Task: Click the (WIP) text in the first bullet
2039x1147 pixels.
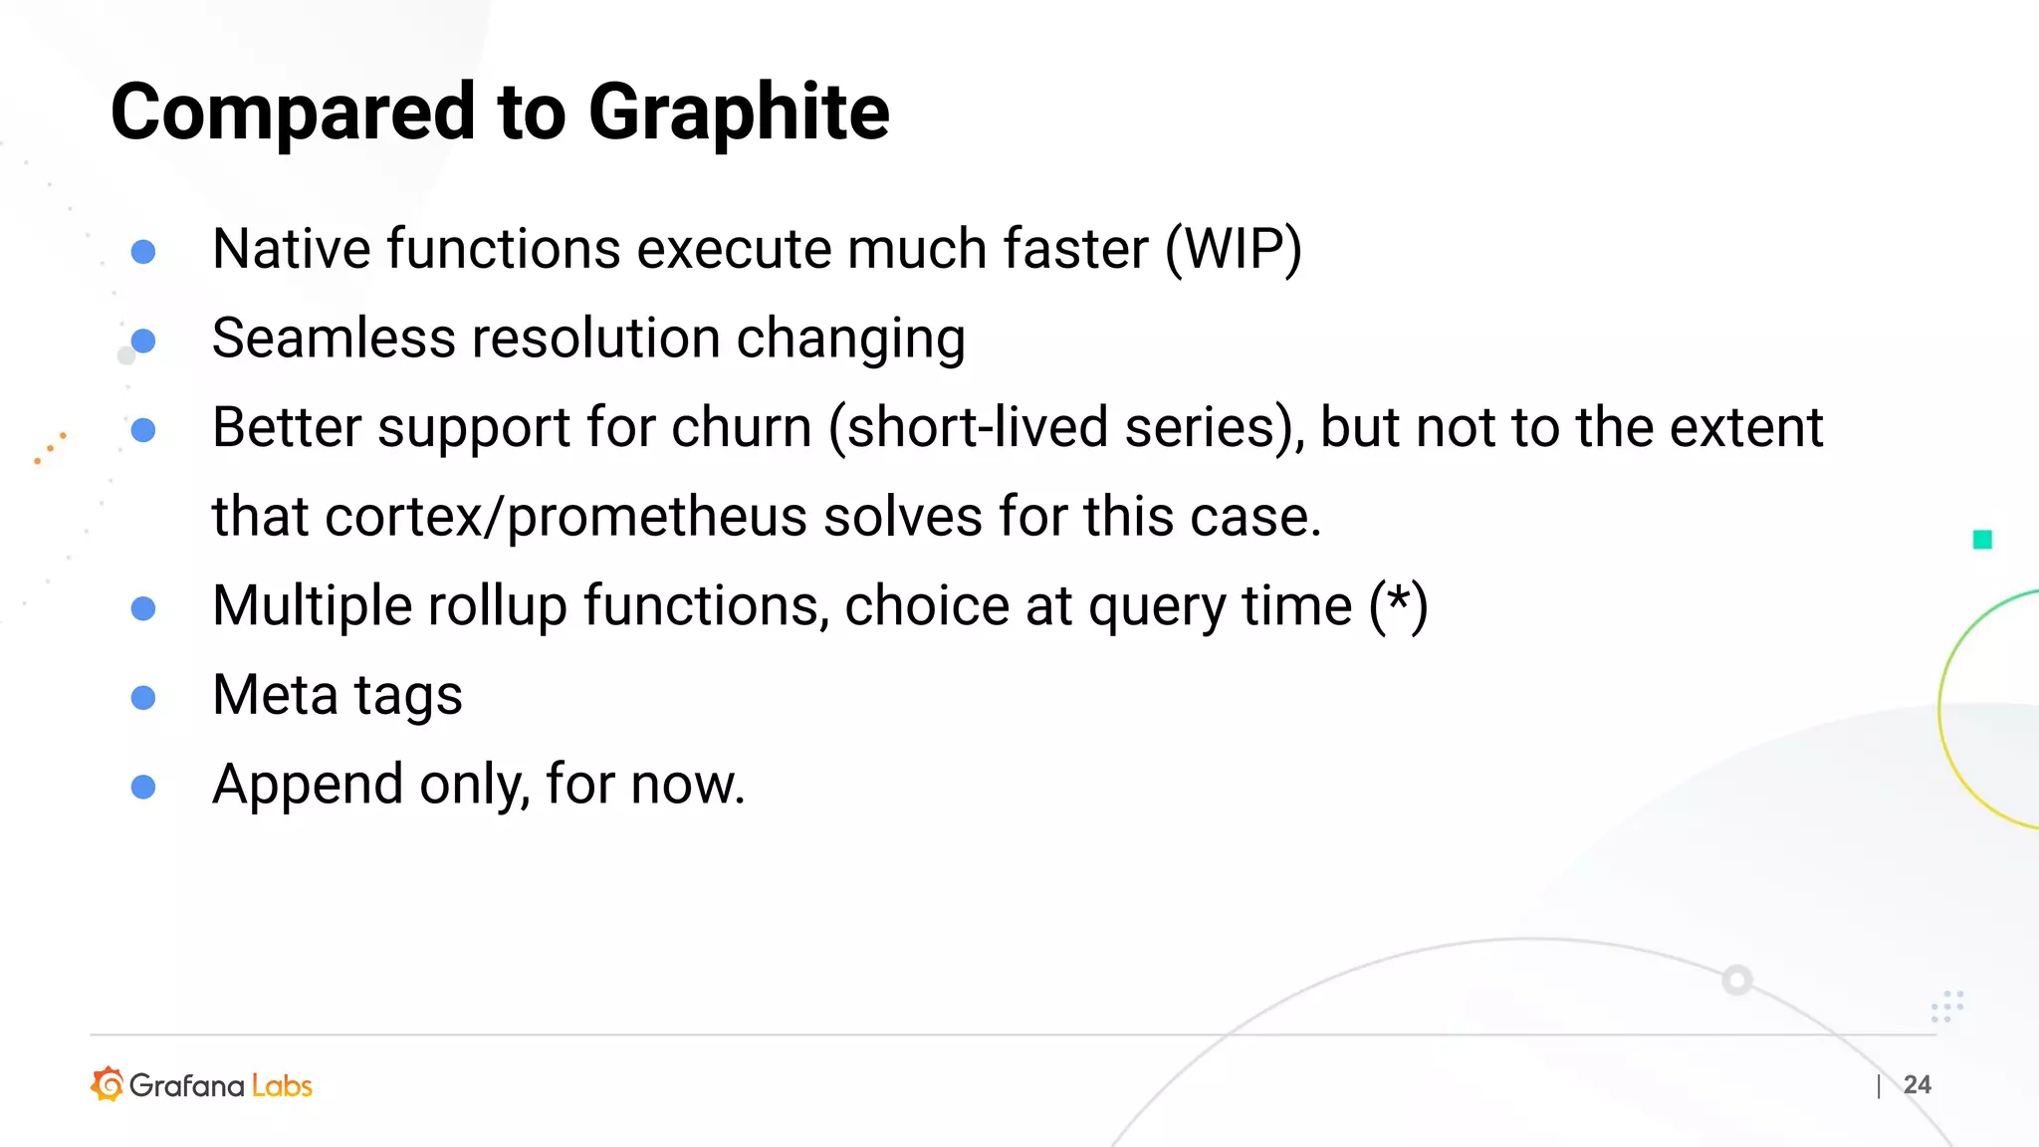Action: [x=1233, y=249]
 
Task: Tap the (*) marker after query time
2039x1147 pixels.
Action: [x=1398, y=606]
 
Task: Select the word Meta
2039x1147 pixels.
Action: [x=275, y=695]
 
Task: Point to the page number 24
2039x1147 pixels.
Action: [x=1917, y=1085]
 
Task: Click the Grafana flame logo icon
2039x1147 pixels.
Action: [x=108, y=1084]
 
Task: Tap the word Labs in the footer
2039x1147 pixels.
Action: [x=282, y=1085]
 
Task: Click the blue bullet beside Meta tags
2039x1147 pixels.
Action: [x=143, y=697]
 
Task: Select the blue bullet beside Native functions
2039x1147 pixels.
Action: [x=143, y=251]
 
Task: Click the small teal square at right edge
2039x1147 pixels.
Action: [x=1982, y=540]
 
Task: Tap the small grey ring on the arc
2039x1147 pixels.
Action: [x=1737, y=980]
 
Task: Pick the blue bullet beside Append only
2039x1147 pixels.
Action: [x=143, y=787]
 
